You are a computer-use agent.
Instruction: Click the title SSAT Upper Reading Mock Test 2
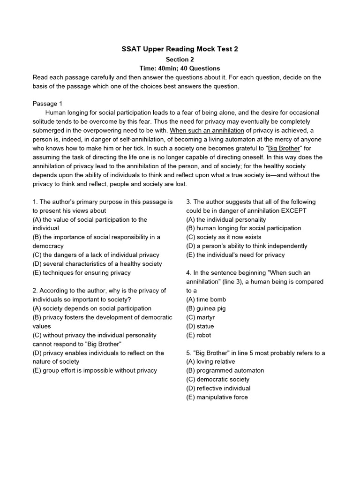[180, 49]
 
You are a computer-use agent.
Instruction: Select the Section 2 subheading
[180, 59]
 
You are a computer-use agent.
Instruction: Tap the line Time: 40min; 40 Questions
[180, 68]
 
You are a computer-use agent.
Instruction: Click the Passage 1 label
[47, 104]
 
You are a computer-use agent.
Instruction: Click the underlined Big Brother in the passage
[284, 148]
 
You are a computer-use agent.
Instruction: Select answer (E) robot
[199, 335]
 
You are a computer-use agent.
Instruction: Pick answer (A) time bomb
[206, 300]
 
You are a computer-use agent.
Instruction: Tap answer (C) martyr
[202, 317]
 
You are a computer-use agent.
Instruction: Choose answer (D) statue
[200, 326]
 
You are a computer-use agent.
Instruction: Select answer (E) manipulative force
[217, 397]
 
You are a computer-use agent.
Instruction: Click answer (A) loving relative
[210, 361]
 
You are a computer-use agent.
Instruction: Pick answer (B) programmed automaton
[225, 370]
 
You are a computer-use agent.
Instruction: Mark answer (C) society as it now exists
[224, 237]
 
